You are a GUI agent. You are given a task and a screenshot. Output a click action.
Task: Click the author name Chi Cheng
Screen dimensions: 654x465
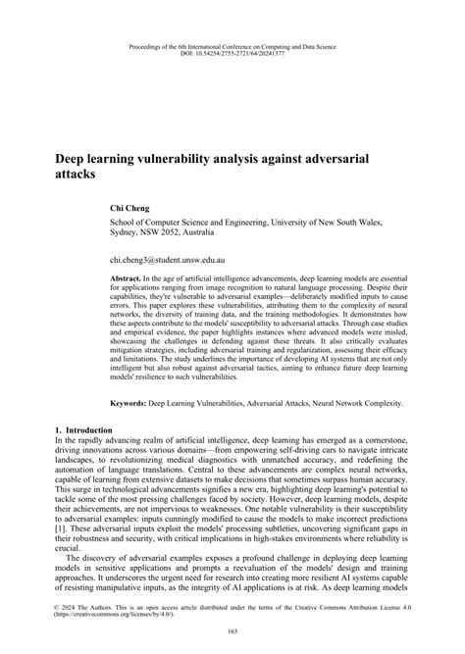(x=129, y=209)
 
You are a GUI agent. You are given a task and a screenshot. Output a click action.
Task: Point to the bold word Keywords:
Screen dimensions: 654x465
(x=136, y=402)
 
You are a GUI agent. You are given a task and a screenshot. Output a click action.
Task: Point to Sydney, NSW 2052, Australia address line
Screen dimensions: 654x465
(x=172, y=234)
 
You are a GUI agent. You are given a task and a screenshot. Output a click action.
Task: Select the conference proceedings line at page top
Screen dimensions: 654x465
(x=232, y=43)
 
